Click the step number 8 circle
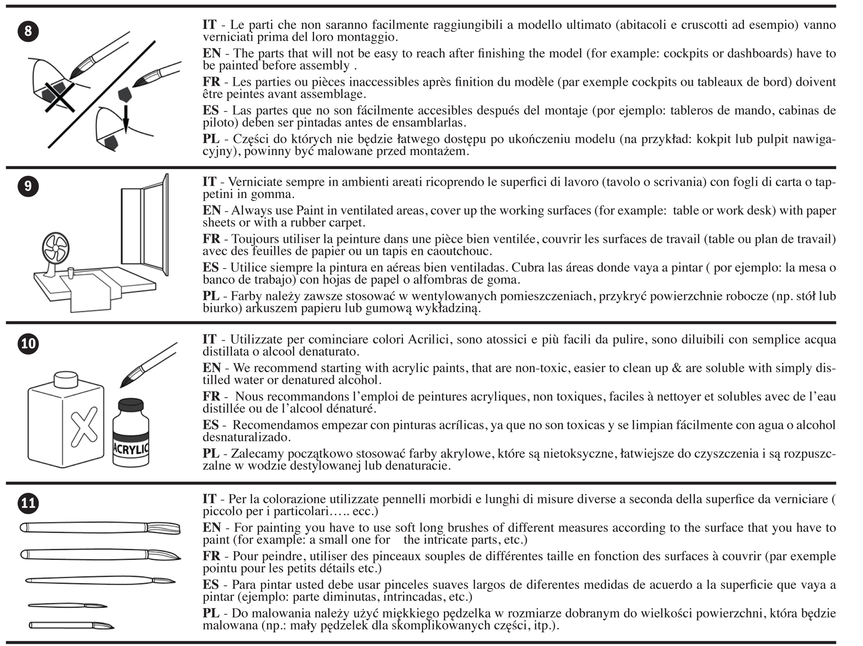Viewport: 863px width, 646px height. coord(28,30)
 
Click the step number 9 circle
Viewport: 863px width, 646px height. coord(28,186)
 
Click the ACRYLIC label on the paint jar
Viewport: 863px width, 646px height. coord(131,449)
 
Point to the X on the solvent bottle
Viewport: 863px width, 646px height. coord(84,427)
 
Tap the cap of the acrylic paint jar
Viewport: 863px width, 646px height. coord(131,406)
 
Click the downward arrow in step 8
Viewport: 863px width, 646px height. coord(126,118)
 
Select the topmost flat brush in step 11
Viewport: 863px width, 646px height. coord(100,528)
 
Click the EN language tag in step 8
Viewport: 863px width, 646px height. coord(212,53)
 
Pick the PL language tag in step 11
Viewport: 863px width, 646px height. coord(211,613)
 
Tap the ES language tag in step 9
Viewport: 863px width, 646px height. coord(211,268)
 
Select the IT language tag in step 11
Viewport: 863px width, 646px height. coord(209,499)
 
